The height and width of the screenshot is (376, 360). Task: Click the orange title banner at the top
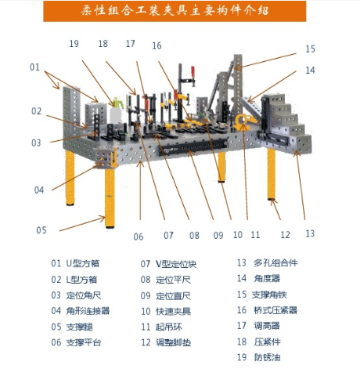175,11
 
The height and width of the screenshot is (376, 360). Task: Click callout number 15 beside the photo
310,49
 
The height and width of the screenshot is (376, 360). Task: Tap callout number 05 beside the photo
41,230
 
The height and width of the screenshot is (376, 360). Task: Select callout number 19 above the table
74,43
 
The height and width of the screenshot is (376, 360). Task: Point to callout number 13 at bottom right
310,233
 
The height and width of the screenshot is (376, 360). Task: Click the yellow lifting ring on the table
245,122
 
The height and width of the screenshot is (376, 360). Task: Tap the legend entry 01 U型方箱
75,263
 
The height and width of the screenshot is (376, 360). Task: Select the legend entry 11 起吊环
161,327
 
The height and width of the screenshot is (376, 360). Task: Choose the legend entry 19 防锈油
258,357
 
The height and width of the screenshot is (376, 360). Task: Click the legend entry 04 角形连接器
80,311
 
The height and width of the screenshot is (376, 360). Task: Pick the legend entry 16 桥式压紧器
267,310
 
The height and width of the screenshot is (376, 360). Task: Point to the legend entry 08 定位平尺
166,280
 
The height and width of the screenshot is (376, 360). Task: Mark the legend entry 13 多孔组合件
268,262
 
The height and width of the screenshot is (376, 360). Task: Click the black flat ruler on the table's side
193,148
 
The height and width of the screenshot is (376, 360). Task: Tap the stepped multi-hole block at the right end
286,123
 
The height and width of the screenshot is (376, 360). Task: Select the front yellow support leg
110,197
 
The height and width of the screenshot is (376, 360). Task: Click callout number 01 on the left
34,67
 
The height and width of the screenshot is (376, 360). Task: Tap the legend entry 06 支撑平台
76,342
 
